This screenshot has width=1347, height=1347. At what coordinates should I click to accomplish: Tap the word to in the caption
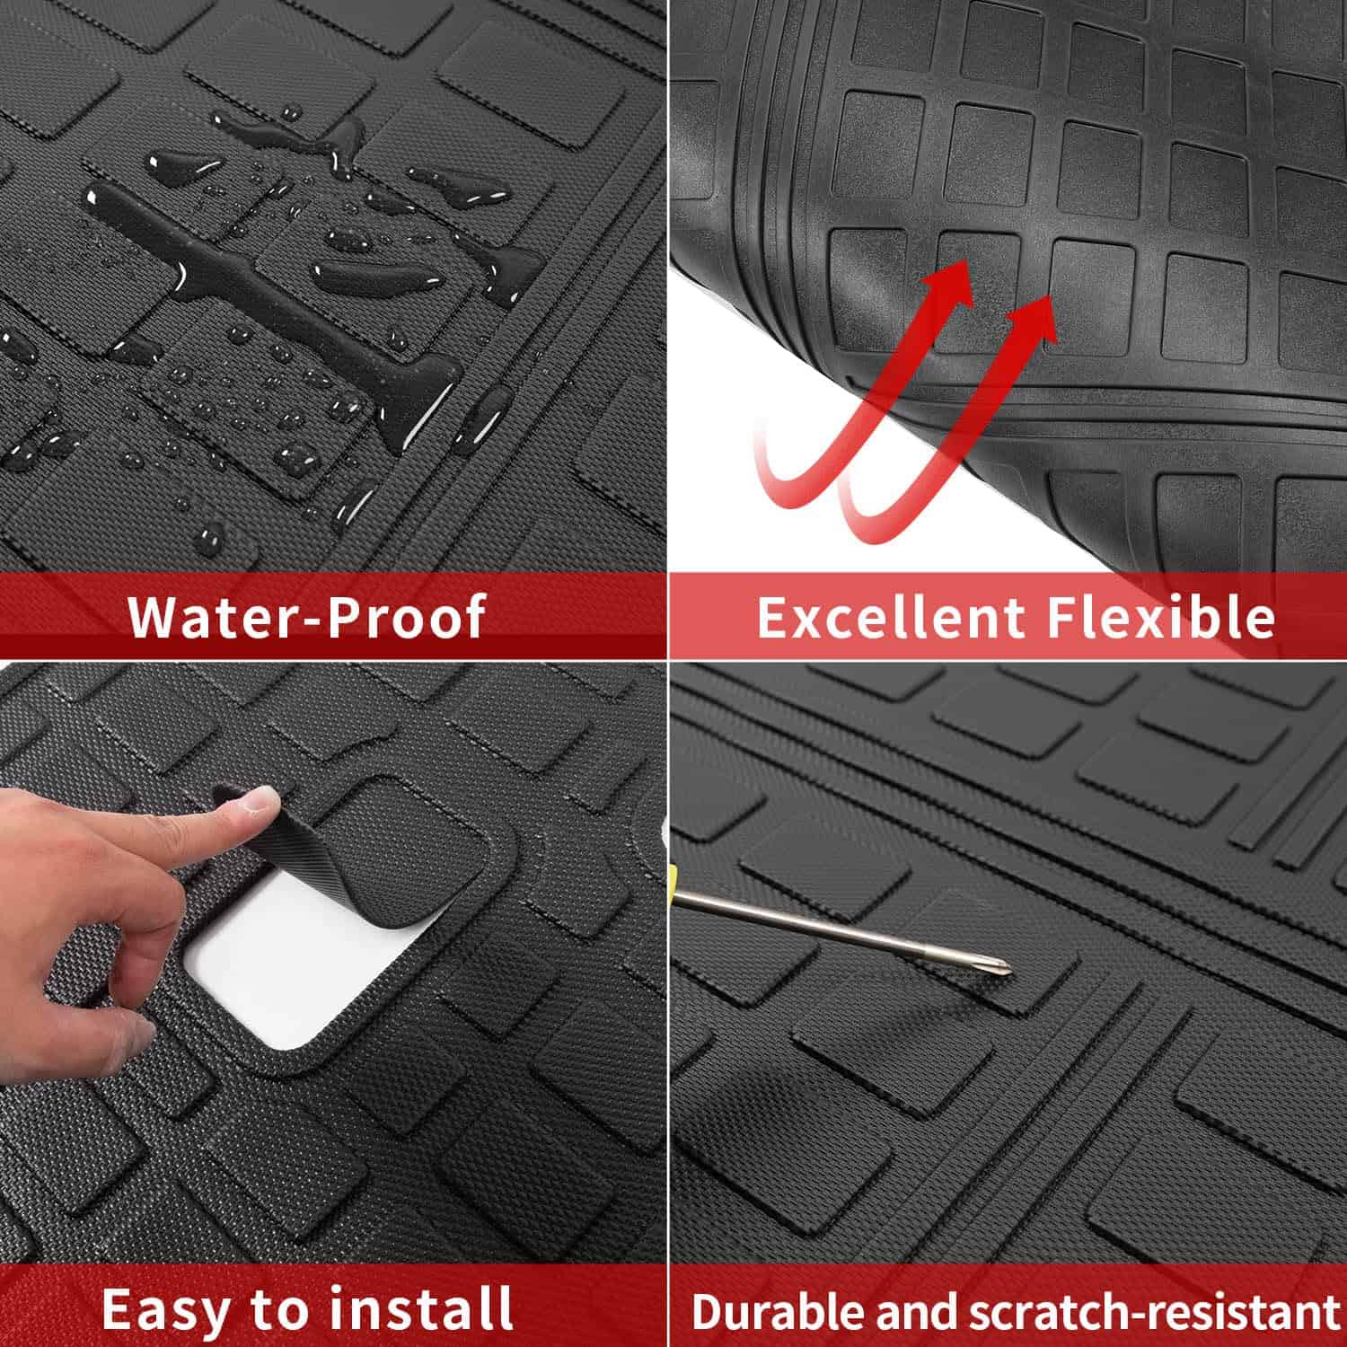pos(284,1307)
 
